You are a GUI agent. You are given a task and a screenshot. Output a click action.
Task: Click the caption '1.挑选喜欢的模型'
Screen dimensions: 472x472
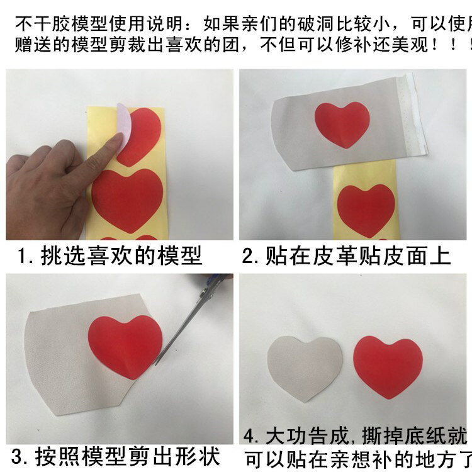110,256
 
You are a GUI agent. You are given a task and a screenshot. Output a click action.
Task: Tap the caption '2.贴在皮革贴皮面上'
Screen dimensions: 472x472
347,256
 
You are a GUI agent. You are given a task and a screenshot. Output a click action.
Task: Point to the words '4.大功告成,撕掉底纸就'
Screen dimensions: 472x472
356,435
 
